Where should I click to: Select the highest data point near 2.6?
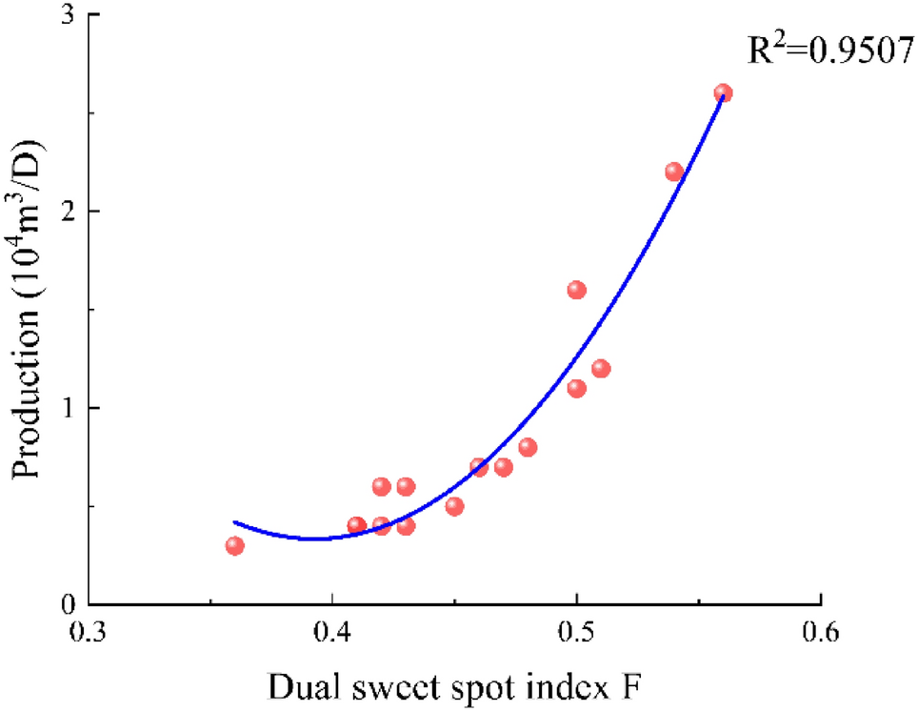[723, 93]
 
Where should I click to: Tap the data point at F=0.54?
[674, 172]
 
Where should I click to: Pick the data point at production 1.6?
[576, 290]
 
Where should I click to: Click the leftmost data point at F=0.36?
[235, 545]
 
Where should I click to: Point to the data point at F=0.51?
[601, 369]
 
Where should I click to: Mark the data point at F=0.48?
[528, 447]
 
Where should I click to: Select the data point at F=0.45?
[454, 506]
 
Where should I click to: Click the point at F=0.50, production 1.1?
[576, 388]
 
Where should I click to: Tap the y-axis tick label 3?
[69, 16]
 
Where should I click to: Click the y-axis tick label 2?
[69, 212]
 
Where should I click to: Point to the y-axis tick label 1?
[69, 408]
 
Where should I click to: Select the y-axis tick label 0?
[69, 604]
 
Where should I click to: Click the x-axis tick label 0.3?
[89, 634]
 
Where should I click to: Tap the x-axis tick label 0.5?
[576, 634]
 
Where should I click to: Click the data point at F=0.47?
[504, 467]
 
